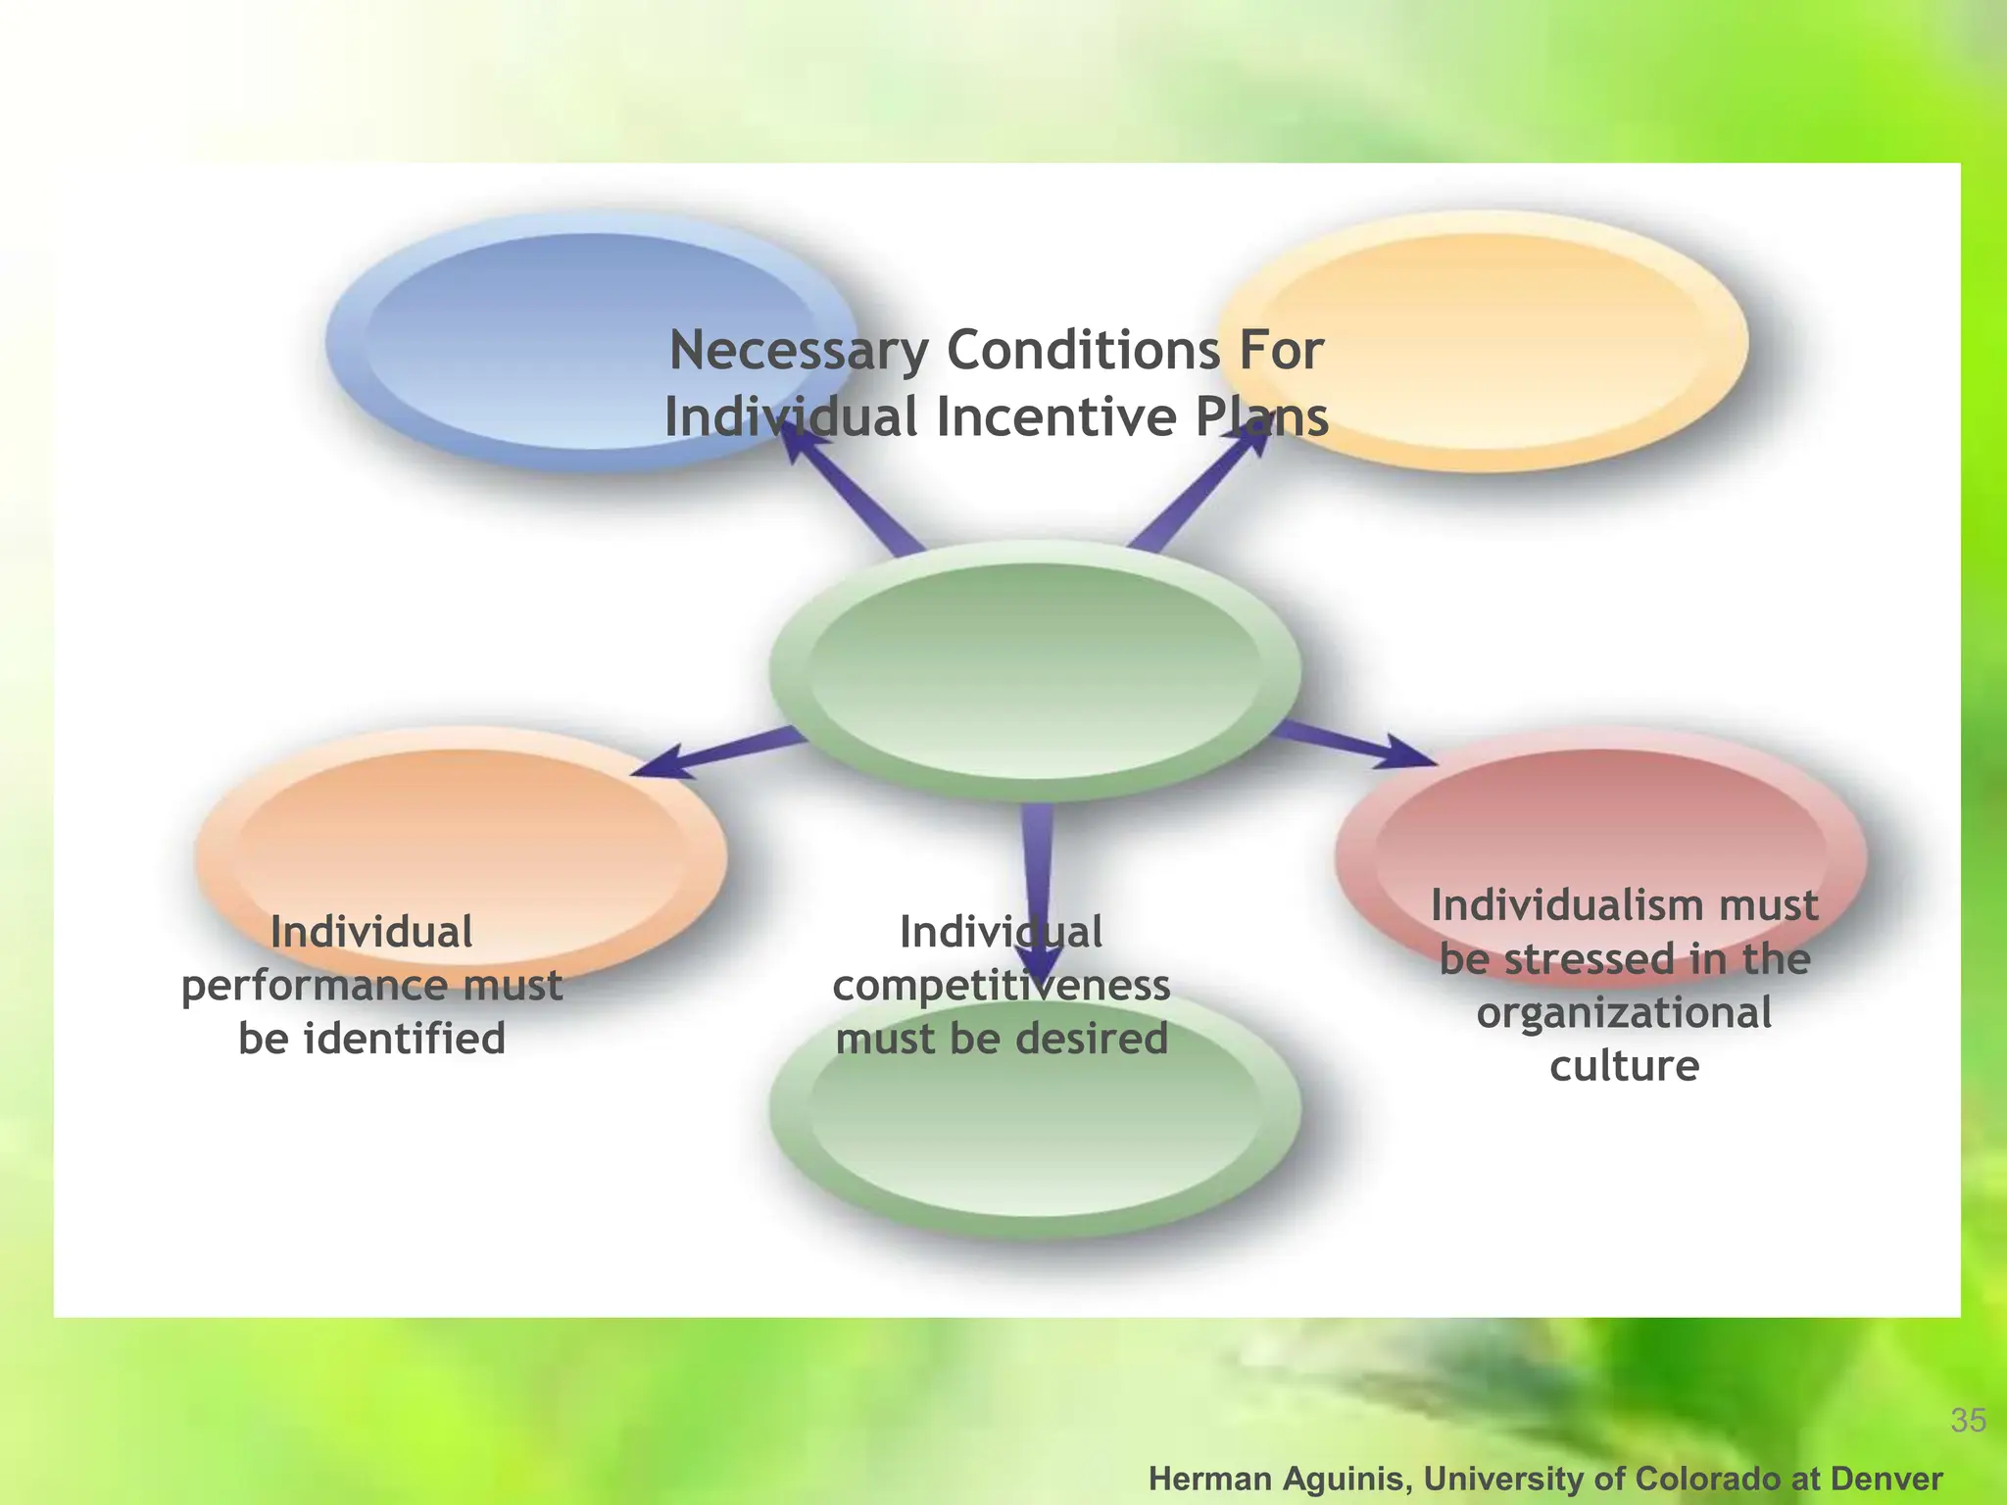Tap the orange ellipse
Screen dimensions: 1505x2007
pyautogui.click(x=461, y=833)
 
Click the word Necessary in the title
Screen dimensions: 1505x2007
pyautogui.click(x=798, y=351)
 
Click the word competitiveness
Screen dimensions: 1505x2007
pyautogui.click(x=1001, y=985)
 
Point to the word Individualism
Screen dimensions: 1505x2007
pyautogui.click(x=1548, y=905)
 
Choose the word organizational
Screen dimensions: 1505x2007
pyautogui.click(x=1624, y=1012)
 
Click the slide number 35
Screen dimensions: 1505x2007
pyautogui.click(x=1968, y=1420)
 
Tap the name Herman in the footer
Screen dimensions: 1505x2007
pyautogui.click(x=1206, y=1479)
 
